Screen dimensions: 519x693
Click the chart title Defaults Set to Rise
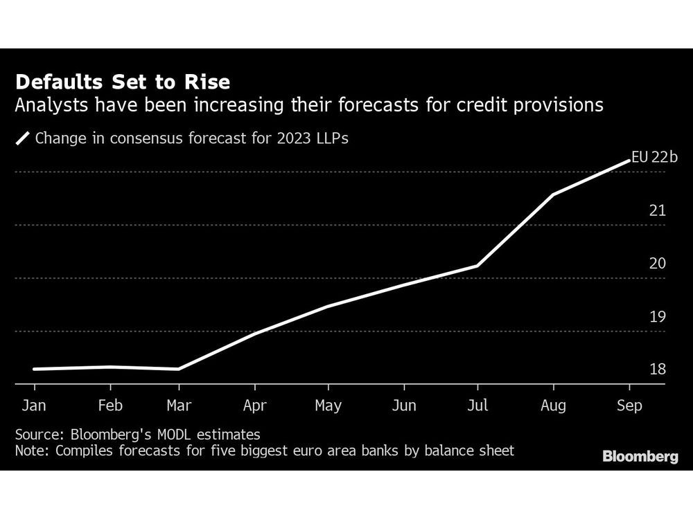123,82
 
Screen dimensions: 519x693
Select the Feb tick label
109,406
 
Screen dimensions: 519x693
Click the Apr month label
255,406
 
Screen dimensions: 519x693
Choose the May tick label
328,406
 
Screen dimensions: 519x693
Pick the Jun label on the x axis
404,406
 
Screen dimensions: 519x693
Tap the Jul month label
477,406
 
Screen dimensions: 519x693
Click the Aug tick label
552,406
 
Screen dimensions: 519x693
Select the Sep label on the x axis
629,406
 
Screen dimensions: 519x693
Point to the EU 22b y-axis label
654,157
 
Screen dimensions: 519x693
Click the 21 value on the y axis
657,210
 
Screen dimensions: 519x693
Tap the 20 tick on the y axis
657,264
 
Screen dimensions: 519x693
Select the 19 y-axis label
657,317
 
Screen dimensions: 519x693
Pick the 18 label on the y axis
657,370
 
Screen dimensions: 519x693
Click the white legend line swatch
23,138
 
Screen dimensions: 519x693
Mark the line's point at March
179,369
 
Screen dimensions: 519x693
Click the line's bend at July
477,266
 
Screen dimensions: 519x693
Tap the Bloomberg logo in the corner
640,457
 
